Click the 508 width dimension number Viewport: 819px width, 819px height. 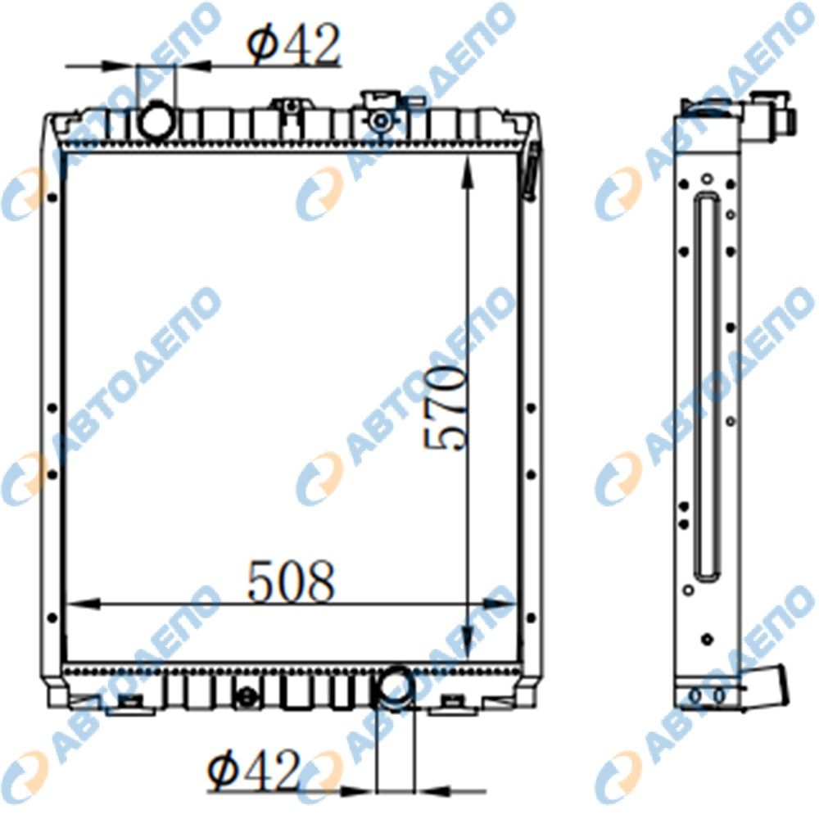[x=291, y=581]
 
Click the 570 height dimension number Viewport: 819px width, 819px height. [x=444, y=408]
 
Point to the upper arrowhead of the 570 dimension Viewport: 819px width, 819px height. [x=468, y=172]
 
